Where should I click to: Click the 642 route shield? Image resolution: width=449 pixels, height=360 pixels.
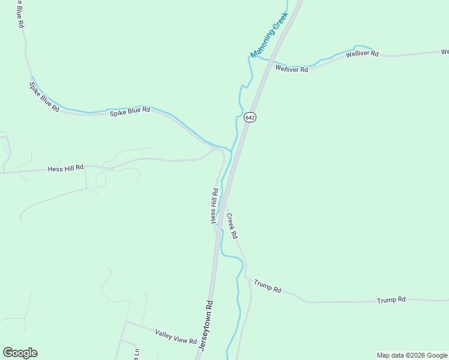click(x=250, y=118)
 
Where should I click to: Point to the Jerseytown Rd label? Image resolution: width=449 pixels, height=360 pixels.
click(x=205, y=326)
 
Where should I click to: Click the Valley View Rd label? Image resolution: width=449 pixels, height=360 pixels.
click(x=176, y=337)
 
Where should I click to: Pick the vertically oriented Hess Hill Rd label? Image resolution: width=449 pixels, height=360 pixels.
click(x=214, y=206)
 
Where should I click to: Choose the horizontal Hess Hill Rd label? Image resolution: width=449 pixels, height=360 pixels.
click(x=65, y=169)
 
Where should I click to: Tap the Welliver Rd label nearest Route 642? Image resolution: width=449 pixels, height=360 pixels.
click(x=292, y=69)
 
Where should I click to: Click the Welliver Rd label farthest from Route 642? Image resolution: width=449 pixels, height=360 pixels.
click(x=362, y=54)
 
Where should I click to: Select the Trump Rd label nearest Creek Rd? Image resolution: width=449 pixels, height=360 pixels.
click(x=268, y=286)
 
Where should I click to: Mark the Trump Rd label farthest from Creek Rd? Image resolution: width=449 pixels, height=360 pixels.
click(x=391, y=299)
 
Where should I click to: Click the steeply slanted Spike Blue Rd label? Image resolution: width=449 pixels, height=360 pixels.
click(x=44, y=97)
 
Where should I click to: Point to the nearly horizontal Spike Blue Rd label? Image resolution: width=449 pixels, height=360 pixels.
click(x=130, y=111)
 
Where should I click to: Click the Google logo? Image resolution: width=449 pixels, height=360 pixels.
click(x=20, y=353)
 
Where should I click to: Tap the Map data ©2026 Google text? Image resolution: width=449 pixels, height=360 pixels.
click(x=412, y=355)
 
